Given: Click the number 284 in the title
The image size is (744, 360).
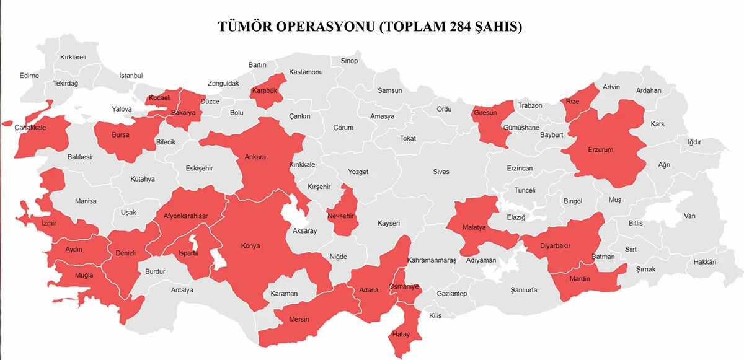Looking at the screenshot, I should coord(460,27).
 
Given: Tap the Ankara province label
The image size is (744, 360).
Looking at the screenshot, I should coord(255,157).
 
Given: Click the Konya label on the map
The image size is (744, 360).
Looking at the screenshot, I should coord(250,245).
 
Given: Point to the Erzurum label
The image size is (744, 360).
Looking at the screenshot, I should coord(600,150).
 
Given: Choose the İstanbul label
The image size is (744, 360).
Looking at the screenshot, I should coord(131,76).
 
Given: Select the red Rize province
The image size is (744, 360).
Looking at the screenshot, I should coord(573,101).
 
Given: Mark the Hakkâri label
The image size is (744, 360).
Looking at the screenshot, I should coord(705,262).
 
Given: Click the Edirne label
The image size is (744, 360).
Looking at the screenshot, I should coord(29,76).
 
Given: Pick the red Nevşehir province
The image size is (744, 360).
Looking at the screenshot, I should coord(340,216).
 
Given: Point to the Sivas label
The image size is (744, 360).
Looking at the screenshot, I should coord(441,171).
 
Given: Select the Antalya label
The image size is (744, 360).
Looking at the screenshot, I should coord(182,290).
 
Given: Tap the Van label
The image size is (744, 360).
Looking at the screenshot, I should coord(689,216).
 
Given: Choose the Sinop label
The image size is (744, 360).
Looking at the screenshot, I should coord(349,61).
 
